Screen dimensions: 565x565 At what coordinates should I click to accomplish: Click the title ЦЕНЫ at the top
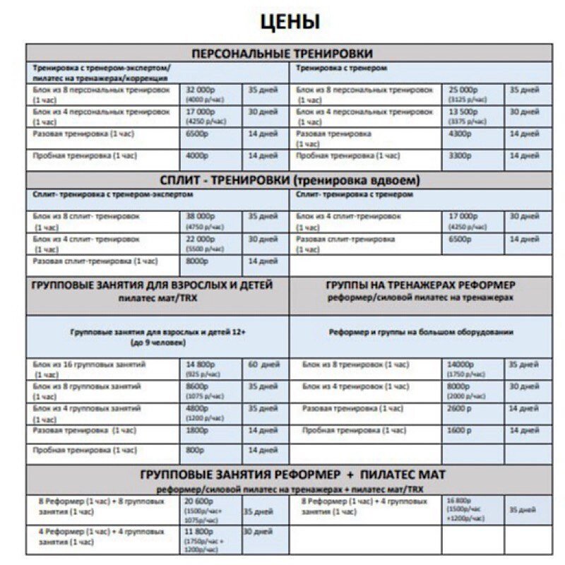coord(290,21)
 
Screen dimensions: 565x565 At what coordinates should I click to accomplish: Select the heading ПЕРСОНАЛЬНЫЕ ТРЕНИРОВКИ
coord(282,54)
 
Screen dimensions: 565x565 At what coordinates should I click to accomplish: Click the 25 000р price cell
coord(463,90)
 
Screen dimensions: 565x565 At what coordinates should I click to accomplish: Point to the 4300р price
coord(460,133)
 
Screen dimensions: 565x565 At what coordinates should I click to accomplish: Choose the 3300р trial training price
coord(460,155)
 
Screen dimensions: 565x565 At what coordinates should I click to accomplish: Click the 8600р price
coord(198,387)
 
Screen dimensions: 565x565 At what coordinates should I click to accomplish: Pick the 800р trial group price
coord(194,450)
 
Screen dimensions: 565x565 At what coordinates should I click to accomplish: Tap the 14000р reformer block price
coord(461,364)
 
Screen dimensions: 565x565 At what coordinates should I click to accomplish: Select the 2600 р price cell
coord(460,408)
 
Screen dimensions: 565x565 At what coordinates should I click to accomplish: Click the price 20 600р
coord(200,501)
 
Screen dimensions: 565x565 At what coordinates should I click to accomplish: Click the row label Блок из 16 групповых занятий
coord(90,364)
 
